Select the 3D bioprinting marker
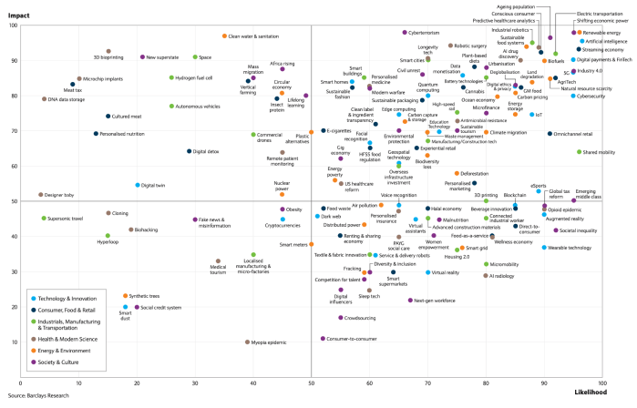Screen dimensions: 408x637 [x=108, y=52]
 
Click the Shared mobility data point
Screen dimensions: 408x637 [x=580, y=152]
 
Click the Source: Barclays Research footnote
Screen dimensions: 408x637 [x=43, y=397]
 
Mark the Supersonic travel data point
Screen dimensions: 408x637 [x=44, y=219]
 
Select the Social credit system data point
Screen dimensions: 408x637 [x=137, y=308]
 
